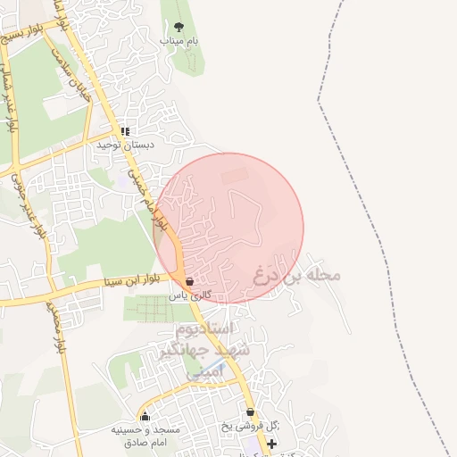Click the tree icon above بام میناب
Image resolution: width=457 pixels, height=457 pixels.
[x=179, y=27]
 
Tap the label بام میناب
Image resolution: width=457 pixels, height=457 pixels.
[x=179, y=41]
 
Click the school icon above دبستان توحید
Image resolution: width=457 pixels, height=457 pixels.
[x=125, y=131]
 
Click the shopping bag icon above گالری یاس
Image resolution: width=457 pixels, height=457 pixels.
[x=189, y=281]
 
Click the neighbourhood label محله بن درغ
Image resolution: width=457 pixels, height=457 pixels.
[x=296, y=273]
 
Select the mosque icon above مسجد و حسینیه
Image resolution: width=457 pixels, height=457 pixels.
[x=145, y=415]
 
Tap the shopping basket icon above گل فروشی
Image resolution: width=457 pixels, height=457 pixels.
[x=250, y=412]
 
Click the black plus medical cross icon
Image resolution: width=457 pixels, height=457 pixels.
[x=271, y=444]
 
